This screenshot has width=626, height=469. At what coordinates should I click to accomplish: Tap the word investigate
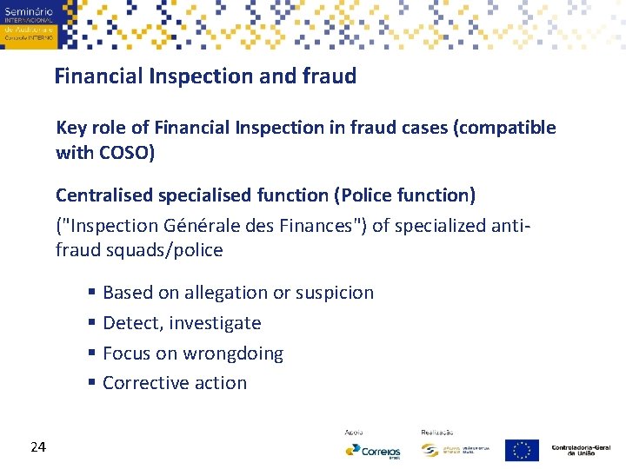click(x=215, y=323)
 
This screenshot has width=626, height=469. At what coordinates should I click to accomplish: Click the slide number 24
click(x=37, y=446)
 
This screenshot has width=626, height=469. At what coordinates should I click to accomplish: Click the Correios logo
click(x=373, y=450)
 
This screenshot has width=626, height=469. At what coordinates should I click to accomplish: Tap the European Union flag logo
click(x=522, y=450)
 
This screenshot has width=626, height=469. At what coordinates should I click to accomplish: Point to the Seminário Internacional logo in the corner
click(x=28, y=23)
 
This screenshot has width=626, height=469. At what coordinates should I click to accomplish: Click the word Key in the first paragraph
click(x=70, y=128)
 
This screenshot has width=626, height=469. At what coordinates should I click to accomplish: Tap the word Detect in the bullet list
click(x=131, y=323)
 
